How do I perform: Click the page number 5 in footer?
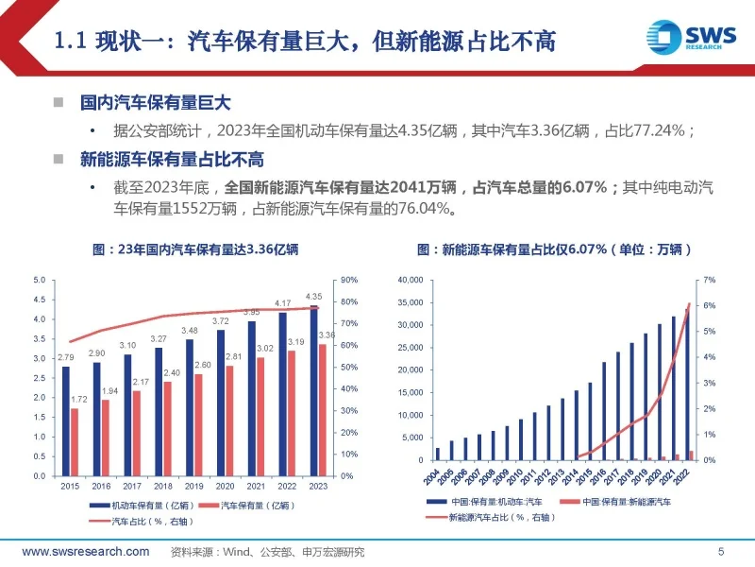721,552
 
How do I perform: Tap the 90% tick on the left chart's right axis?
348,281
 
